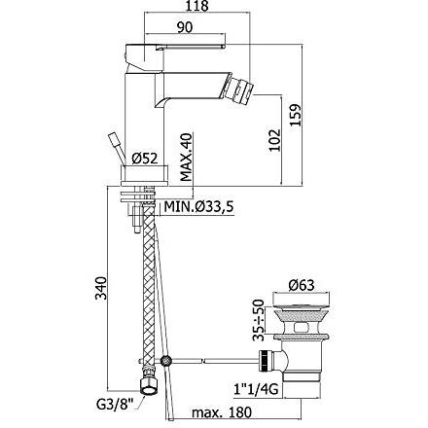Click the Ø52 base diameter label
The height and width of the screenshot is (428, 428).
tap(145, 159)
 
